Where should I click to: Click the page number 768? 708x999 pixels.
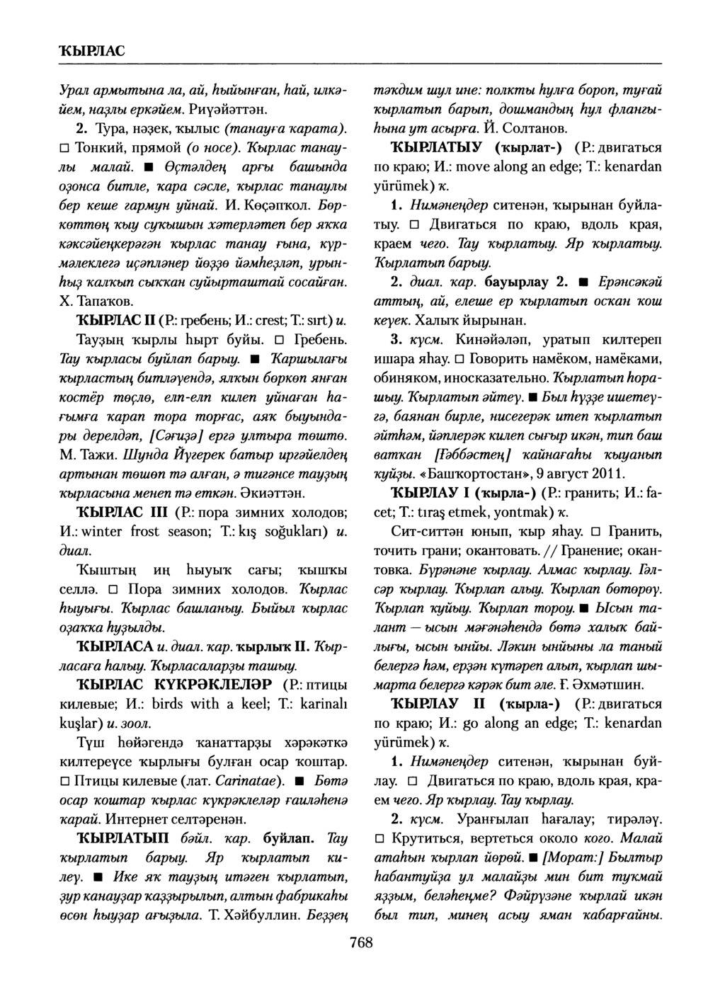[x=361, y=942]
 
